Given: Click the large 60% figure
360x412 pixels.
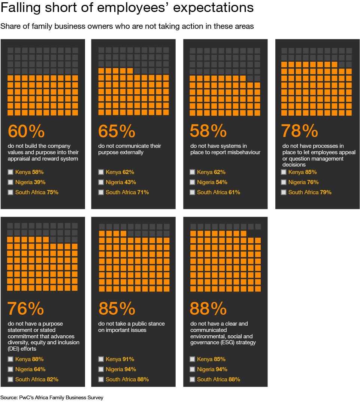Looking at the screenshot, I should pyautogui.click(x=26, y=131).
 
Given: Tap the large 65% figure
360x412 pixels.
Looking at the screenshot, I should pyautogui.click(x=117, y=131).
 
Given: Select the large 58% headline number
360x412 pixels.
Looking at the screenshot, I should pyautogui.click(x=208, y=131).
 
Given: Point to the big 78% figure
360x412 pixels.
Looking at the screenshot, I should pyautogui.click(x=299, y=131).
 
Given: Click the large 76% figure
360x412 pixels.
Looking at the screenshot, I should pyautogui.click(x=26, y=309).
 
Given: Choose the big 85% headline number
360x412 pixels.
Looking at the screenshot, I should pyautogui.click(x=117, y=309).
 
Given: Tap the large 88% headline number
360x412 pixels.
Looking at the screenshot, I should pyautogui.click(x=208, y=309).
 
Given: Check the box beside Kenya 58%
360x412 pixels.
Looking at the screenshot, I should pyautogui.click(x=10, y=172).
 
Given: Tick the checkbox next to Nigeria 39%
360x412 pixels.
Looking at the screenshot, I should pyautogui.click(x=10, y=182).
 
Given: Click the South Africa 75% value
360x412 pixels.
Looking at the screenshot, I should pyautogui.click(x=52, y=192).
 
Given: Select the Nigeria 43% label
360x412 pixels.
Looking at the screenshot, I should pyautogui.click(x=121, y=182).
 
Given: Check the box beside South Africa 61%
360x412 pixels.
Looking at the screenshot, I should pyautogui.click(x=192, y=192).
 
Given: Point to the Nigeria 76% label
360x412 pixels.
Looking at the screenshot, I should pyautogui.click(x=303, y=182).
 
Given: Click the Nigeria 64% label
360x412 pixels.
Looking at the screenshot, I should pyautogui.click(x=30, y=369).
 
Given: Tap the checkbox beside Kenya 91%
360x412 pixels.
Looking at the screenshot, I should pyautogui.click(x=101, y=359).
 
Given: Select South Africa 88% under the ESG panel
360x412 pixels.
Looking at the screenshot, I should pyautogui.click(x=218, y=379).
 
